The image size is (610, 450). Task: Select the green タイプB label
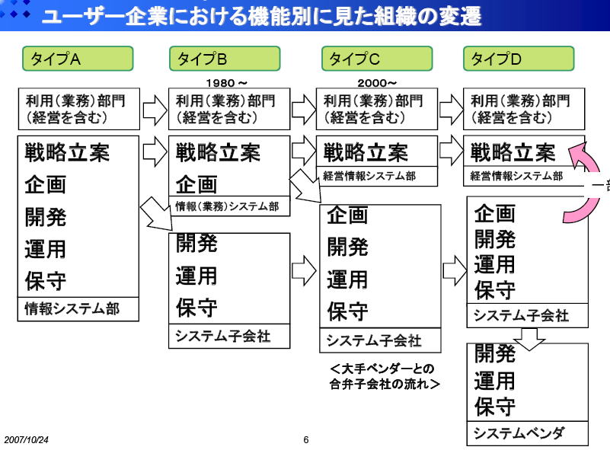224,59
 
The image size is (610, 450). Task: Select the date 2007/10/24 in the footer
26,439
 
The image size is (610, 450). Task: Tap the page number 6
306,439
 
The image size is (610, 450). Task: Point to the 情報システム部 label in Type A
72,308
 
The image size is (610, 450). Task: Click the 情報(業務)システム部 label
228,206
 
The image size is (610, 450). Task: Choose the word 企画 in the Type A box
46,185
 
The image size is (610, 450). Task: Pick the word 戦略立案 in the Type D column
513,152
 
